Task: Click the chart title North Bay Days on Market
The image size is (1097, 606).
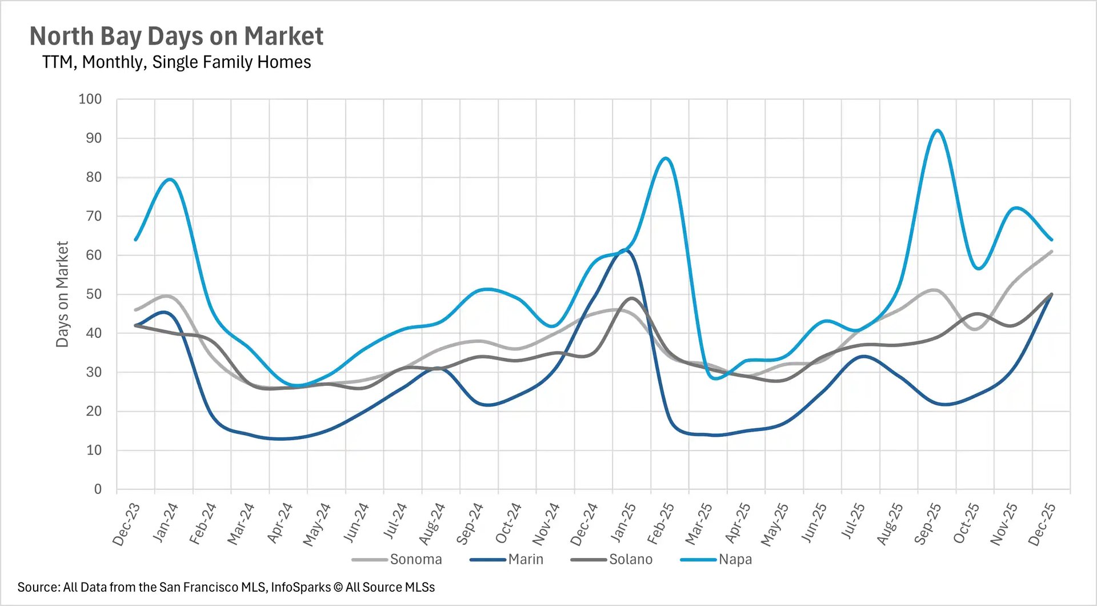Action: (x=176, y=36)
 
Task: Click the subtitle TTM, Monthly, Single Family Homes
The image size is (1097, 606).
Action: (x=176, y=62)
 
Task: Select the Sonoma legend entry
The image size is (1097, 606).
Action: (x=415, y=559)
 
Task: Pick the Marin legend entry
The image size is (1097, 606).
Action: (x=525, y=559)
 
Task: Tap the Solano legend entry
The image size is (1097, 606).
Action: (x=630, y=559)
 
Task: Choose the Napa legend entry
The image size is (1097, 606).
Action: (x=735, y=559)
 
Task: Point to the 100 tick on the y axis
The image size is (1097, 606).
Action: (x=90, y=99)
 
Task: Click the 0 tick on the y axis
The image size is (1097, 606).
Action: (x=98, y=489)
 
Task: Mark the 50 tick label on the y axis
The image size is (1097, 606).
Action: (x=94, y=294)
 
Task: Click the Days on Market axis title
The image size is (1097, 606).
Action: (x=62, y=294)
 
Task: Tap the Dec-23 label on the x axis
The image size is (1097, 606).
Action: (x=126, y=524)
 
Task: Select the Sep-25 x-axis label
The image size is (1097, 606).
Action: (x=927, y=524)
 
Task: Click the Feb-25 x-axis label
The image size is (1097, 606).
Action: (x=660, y=524)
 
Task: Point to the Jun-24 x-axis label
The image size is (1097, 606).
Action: (x=355, y=524)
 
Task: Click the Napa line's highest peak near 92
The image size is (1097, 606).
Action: (x=937, y=130)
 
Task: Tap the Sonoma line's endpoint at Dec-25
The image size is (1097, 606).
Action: (x=1051, y=252)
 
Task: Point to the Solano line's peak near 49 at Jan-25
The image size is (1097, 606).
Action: (x=632, y=298)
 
